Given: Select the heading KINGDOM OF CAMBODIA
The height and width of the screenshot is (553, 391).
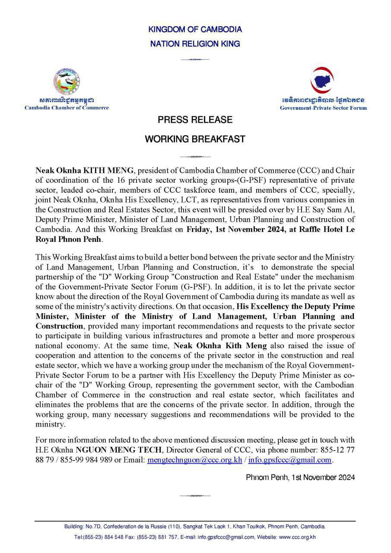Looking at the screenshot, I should click(x=195, y=30).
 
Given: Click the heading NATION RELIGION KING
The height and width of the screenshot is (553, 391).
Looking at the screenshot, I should click(x=195, y=44).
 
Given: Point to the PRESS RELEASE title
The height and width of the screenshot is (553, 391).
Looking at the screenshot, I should click(x=195, y=120).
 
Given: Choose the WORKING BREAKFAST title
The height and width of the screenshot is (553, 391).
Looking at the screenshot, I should click(x=195, y=139).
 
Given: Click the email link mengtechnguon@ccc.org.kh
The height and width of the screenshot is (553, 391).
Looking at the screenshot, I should click(x=195, y=461).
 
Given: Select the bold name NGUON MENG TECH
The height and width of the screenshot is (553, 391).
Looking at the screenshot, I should click(x=120, y=451).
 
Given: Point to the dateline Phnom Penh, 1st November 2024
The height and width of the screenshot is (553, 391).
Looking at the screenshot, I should click(x=300, y=477).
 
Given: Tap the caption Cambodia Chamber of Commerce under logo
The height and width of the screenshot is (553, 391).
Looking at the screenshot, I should click(x=67, y=108).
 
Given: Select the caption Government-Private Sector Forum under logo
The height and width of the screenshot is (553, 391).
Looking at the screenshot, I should click(x=323, y=108).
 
